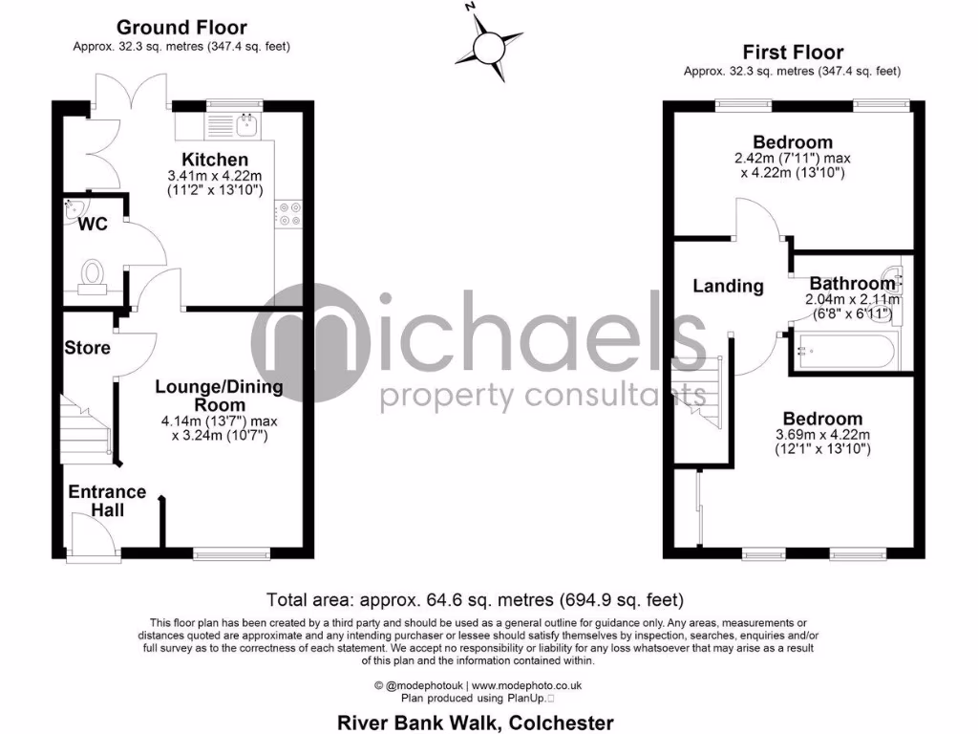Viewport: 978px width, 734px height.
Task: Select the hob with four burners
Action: click(288, 214)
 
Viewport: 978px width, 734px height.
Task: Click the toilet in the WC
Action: click(93, 273)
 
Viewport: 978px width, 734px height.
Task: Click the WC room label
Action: click(94, 225)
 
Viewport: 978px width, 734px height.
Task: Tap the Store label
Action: click(88, 348)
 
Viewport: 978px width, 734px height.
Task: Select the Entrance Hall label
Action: click(107, 501)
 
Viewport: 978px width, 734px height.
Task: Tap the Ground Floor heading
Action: click(181, 28)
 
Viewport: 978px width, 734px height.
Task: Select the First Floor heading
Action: click(793, 53)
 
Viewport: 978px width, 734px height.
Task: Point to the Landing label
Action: click(728, 286)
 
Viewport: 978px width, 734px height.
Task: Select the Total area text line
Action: click(475, 600)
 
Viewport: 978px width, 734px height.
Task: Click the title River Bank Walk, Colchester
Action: click(476, 723)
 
